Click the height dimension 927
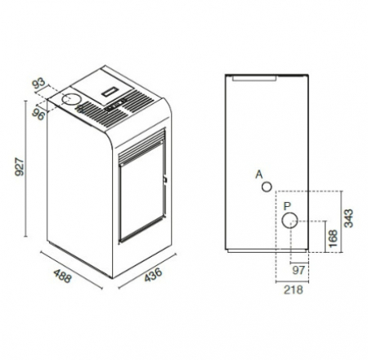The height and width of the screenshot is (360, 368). pyautogui.click(x=20, y=167)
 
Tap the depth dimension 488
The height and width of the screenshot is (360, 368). pyautogui.click(x=63, y=276)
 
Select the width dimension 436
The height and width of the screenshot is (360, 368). pyautogui.click(x=154, y=274)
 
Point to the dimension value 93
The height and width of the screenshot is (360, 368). pyautogui.click(x=38, y=83)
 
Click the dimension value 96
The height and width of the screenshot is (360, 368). pyautogui.click(x=38, y=114)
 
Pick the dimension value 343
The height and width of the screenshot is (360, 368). pyautogui.click(x=348, y=218)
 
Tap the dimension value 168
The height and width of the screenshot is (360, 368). pyautogui.click(x=333, y=239)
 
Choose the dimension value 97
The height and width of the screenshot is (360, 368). pyautogui.click(x=298, y=270)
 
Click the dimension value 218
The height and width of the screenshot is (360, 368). pyautogui.click(x=294, y=290)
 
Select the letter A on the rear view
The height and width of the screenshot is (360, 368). pyautogui.click(x=259, y=174)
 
